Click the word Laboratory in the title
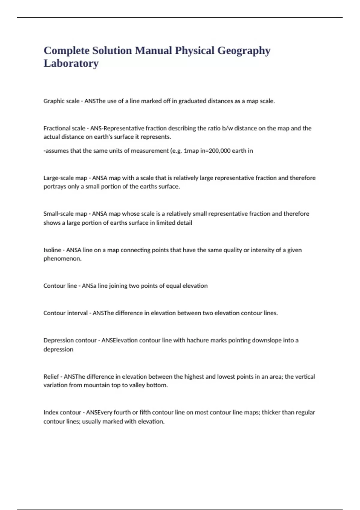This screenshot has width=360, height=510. [x=71, y=63]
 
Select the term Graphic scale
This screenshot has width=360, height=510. [x=61, y=101]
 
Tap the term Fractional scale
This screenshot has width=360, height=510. [x=64, y=128]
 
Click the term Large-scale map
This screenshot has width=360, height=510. [x=65, y=178]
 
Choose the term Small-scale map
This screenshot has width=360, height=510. [x=65, y=214]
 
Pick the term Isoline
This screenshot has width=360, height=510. [x=52, y=250]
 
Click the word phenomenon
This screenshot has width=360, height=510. [x=62, y=259]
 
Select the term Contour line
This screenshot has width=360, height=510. [x=60, y=286]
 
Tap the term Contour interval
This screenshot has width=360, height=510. [x=65, y=313]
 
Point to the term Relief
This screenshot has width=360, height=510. [x=51, y=376]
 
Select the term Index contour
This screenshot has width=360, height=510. [x=62, y=412]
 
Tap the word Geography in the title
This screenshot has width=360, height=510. [x=244, y=50]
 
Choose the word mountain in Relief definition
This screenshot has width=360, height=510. [x=97, y=385]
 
